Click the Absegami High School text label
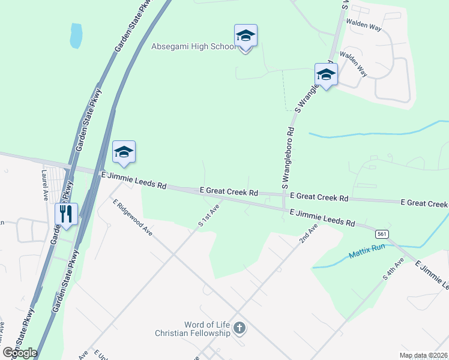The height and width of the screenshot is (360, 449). tap(193, 46)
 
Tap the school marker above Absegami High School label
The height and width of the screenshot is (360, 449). tap(246, 36)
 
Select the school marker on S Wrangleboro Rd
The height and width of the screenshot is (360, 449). tap(326, 75)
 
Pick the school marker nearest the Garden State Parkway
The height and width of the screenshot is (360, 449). tap(124, 152)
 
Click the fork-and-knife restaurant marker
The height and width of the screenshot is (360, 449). tap(66, 214)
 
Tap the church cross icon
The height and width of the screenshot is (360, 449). tap(240, 328)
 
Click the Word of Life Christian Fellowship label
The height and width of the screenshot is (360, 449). tap(193, 329)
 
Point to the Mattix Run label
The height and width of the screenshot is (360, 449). tap(366, 256)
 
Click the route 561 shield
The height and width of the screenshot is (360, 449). tap(381, 233)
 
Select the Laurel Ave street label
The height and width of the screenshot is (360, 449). tap(44, 184)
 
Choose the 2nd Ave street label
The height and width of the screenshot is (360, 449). tap(309, 234)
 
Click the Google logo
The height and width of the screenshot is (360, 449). tap(20, 353)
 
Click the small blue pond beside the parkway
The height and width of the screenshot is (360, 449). tap(76, 35)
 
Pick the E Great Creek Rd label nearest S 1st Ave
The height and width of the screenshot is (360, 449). tap(229, 191)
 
